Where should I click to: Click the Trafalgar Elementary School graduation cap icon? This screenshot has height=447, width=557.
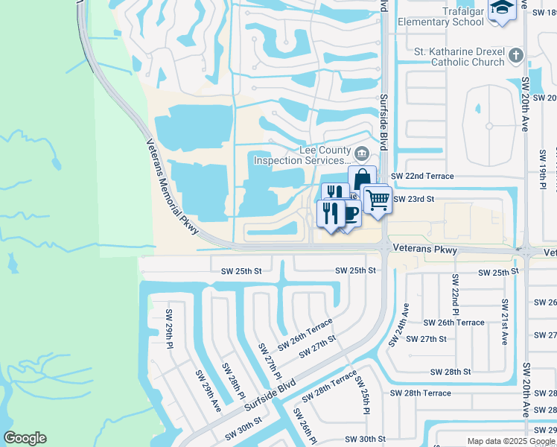pyautogui.click(x=502, y=9)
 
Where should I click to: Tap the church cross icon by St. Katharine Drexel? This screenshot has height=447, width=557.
pyautogui.click(x=516, y=55)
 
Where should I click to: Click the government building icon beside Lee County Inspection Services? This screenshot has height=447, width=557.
pyautogui.click(x=362, y=154)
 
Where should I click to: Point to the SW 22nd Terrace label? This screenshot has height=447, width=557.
pyautogui.click(x=422, y=176)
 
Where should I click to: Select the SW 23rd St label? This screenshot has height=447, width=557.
pyautogui.click(x=413, y=200)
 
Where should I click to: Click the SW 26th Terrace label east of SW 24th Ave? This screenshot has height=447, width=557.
pyautogui.click(x=453, y=323)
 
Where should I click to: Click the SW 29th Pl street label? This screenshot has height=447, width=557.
pyautogui.click(x=171, y=329)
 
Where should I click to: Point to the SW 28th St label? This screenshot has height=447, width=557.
pyautogui.click(x=451, y=372)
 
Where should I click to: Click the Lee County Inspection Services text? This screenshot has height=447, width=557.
pyautogui.click(x=302, y=155)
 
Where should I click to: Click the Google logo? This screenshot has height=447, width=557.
pyautogui.click(x=25, y=438)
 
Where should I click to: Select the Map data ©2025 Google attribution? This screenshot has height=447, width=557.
pyautogui.click(x=511, y=441)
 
